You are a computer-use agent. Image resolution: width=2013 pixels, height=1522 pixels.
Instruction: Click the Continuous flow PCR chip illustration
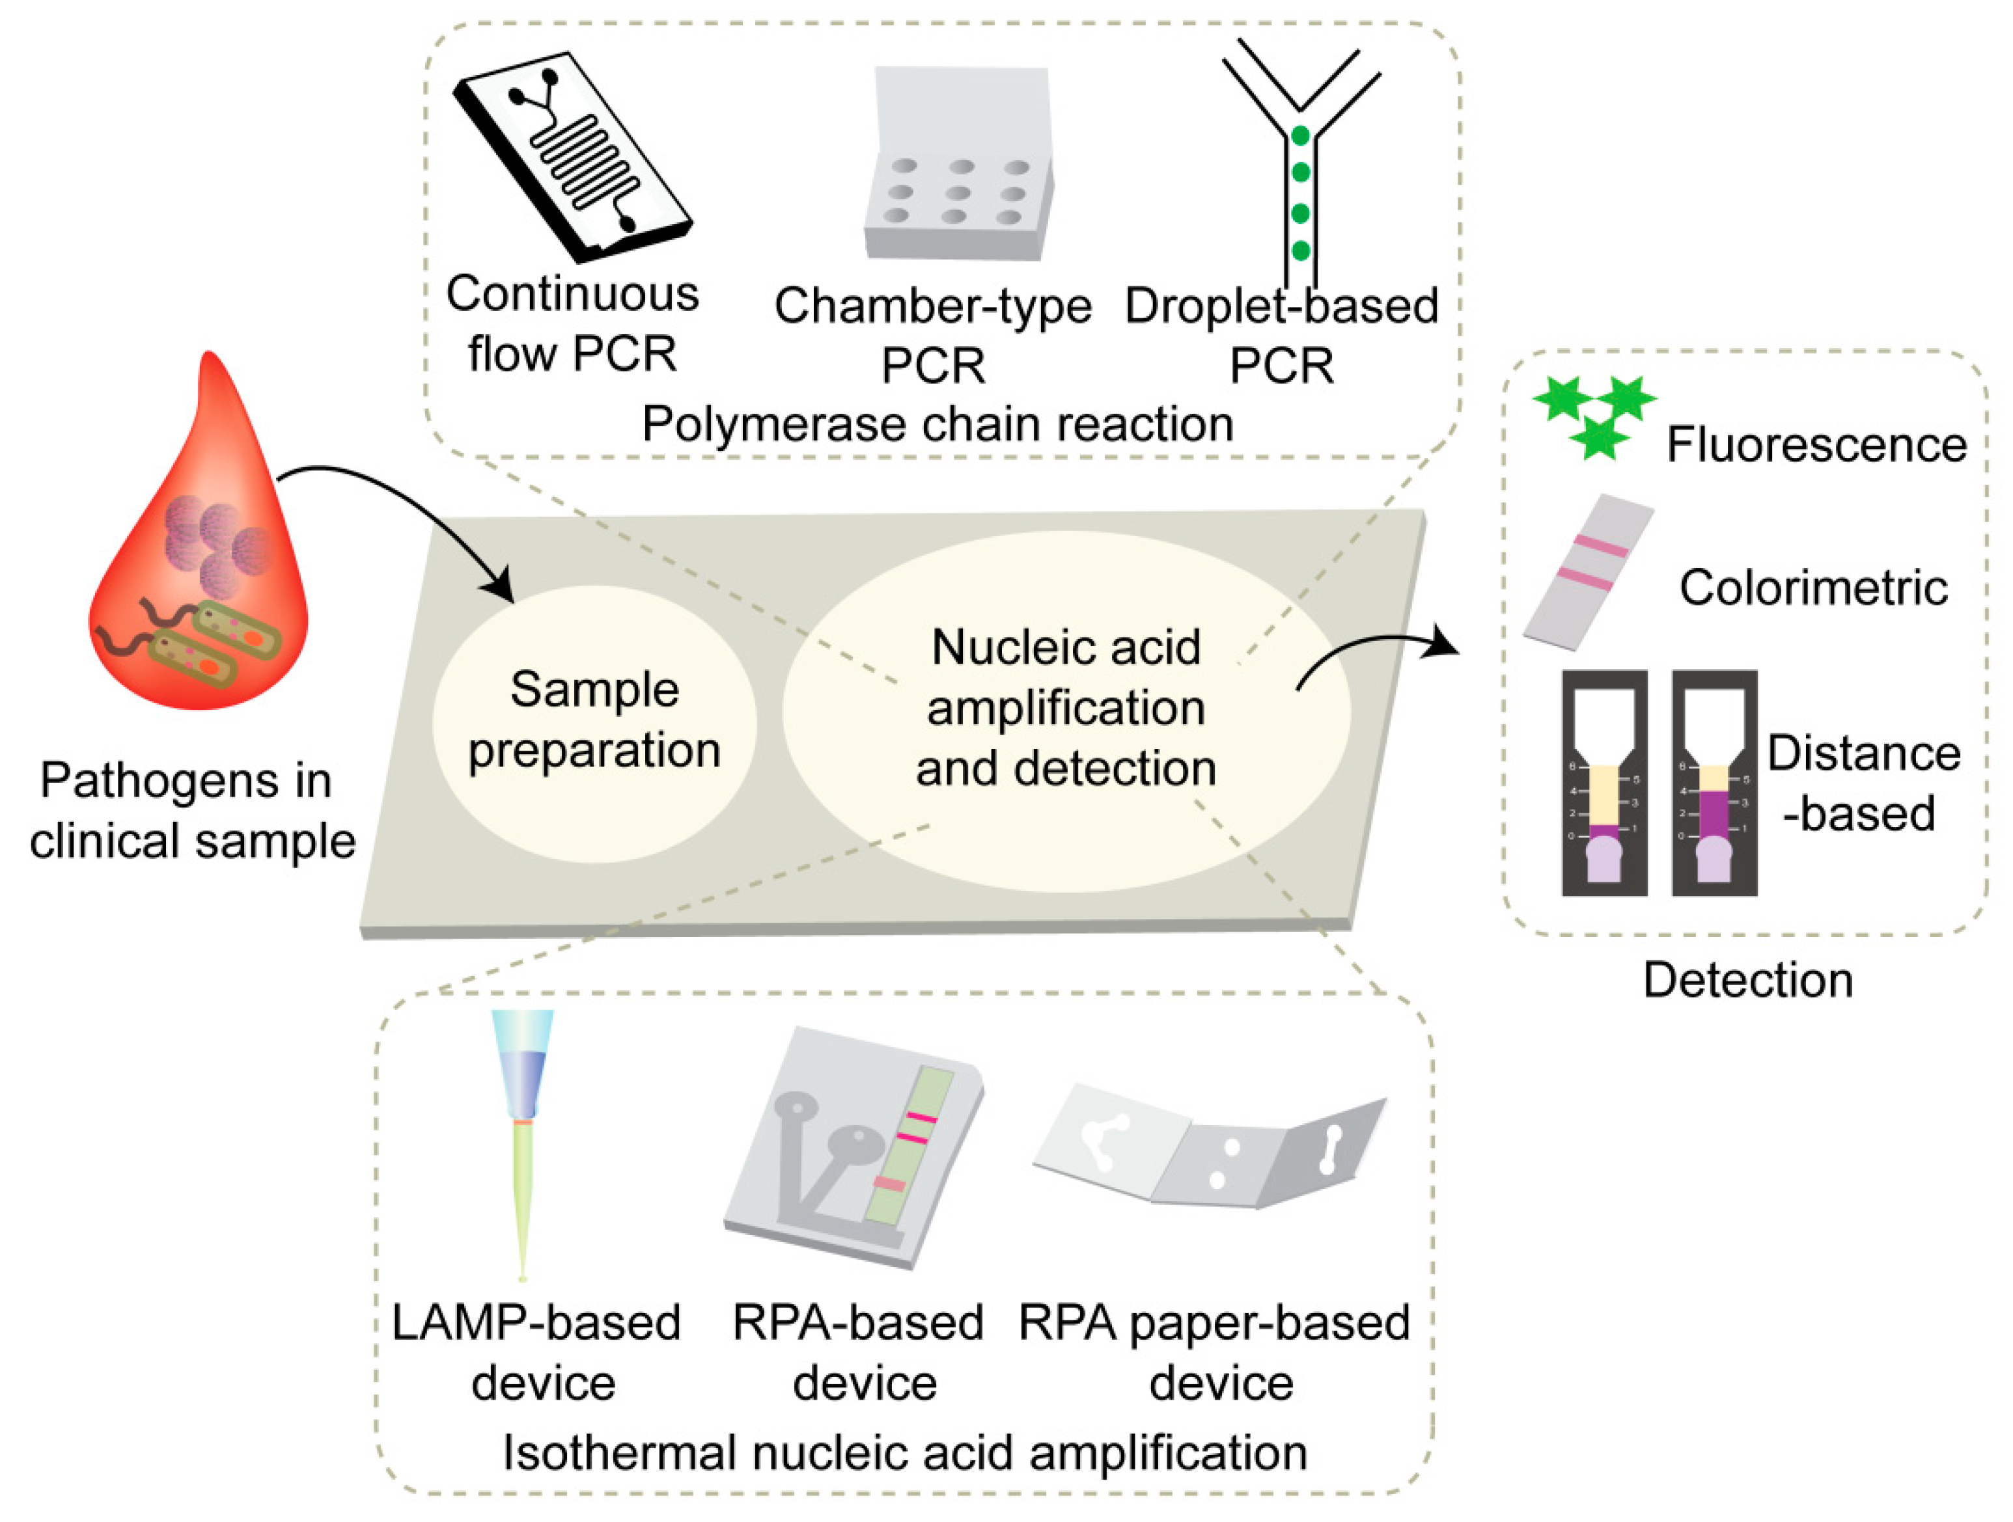coord(572,156)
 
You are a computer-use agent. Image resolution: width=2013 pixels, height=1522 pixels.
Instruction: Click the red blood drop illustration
coord(201,564)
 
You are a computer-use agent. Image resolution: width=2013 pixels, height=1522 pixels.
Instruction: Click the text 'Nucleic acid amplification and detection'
coord(1066,708)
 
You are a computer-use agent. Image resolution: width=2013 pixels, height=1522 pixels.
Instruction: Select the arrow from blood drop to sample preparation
coord(400,510)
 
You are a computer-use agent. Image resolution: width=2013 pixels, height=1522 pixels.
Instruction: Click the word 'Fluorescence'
coord(1816,446)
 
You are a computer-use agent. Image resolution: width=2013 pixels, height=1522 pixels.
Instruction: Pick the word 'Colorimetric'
coord(1812,588)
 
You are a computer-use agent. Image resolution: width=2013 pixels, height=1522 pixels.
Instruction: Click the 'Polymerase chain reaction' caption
coord(937,424)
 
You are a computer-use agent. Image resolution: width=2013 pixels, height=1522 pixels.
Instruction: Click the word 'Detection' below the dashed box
coord(1747,981)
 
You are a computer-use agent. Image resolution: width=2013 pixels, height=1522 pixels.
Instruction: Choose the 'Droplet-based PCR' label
coord(1281,334)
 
